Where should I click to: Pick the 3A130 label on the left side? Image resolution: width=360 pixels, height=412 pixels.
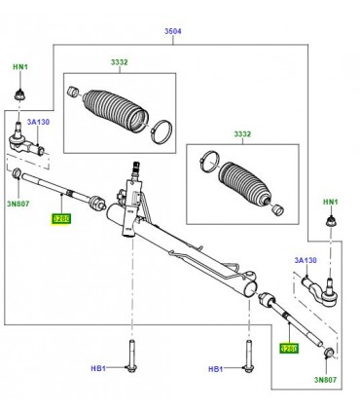[37, 124]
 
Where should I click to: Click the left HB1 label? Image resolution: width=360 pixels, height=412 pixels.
[97, 369]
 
